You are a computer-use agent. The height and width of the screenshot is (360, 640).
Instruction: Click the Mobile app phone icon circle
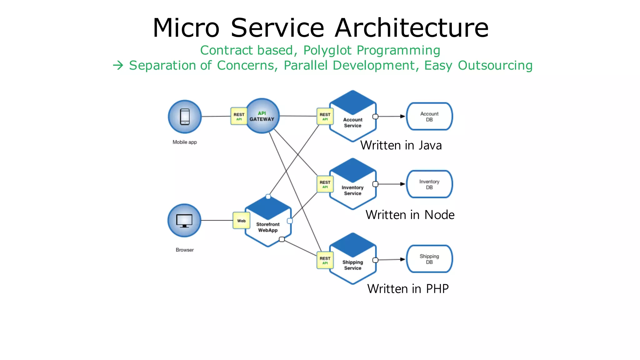pos(185,117)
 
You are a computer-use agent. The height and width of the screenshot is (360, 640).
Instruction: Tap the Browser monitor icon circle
pos(184,220)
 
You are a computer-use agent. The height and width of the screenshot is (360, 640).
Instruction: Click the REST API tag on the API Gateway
pos(239,116)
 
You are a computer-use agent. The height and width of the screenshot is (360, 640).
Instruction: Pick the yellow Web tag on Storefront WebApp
pos(241,221)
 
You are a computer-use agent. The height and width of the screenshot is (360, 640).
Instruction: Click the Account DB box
pos(429,117)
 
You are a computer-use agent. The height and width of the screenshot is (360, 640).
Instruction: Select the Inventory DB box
pos(429,184)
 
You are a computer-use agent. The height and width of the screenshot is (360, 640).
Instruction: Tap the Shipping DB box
pos(429,259)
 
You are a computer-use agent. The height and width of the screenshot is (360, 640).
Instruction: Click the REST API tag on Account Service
pos(325,116)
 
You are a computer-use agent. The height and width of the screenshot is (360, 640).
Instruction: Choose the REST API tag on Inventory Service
pos(325,184)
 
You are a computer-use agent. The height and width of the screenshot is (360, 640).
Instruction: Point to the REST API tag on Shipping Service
pos(325,260)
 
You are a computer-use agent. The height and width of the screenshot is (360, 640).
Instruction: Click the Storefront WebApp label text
pos(268,227)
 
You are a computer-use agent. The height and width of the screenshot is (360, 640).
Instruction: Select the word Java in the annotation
pos(430,146)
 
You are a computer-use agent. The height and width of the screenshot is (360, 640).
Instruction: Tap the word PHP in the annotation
pos(437,289)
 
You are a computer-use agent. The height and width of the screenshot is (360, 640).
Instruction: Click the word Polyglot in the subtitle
pos(327,50)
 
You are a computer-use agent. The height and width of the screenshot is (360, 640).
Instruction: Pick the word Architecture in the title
pos(412,28)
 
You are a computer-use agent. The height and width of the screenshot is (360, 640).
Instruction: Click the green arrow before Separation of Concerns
pos(118,66)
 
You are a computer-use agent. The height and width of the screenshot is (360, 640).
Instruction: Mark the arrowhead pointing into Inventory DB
pos(402,184)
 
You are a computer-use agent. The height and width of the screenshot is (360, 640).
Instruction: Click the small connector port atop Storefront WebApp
pos(268,197)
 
